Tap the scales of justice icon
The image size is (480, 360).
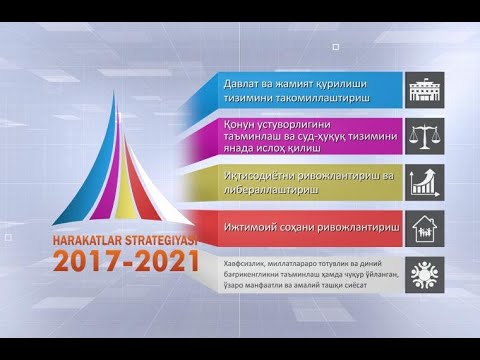424,135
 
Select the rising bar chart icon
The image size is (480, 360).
424,182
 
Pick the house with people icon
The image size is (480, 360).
424,227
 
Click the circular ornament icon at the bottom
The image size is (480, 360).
424,274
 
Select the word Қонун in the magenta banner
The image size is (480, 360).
239,125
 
